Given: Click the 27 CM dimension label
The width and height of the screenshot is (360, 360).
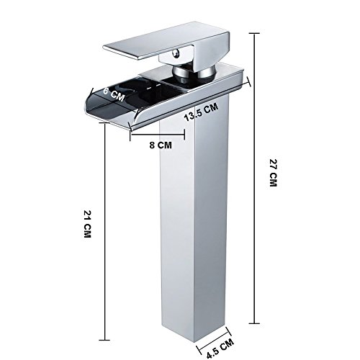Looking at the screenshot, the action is pyautogui.click(x=273, y=173).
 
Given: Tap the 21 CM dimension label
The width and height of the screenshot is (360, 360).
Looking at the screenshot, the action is pyautogui.click(x=88, y=224).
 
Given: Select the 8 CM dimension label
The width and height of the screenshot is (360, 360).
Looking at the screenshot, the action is pyautogui.click(x=161, y=145).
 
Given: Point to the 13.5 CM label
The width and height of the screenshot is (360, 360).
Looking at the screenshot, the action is pyautogui.click(x=201, y=112).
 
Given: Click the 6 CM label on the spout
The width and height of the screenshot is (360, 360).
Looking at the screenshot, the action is pyautogui.click(x=114, y=94).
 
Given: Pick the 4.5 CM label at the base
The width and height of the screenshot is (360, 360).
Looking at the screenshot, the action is pyautogui.click(x=220, y=348).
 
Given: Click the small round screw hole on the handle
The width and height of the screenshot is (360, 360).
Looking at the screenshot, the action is pyautogui.click(x=177, y=53).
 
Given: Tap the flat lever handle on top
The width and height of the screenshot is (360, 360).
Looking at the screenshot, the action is pyautogui.click(x=166, y=41).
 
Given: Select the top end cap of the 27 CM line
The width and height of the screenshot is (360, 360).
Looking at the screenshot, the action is pyautogui.click(x=254, y=34).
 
